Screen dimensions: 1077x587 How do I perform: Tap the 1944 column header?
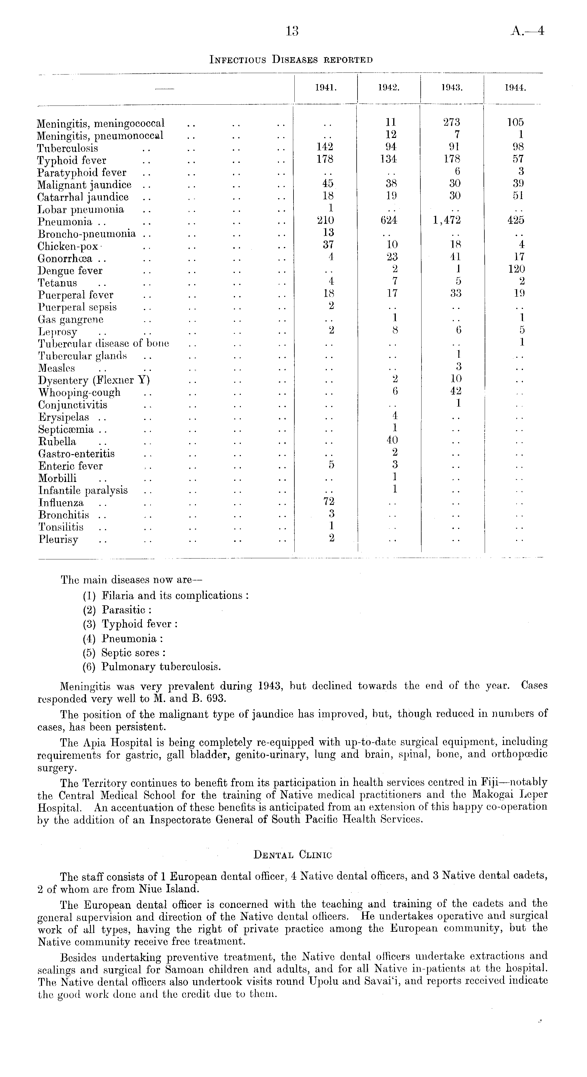coord(515,88)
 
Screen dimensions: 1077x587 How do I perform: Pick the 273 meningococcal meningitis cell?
coord(452,122)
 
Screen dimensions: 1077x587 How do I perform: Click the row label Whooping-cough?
coord(80,393)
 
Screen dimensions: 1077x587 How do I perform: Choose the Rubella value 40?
coord(392,440)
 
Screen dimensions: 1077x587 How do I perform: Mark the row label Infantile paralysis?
coord(83,490)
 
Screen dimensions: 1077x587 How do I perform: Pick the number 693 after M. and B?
coord(217,699)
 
